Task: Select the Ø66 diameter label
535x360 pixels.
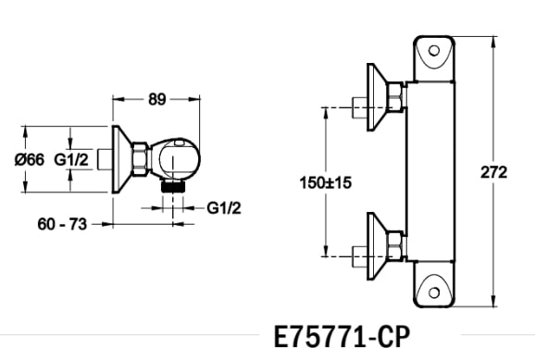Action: coord(29,159)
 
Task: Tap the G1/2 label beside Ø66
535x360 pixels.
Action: coord(71,159)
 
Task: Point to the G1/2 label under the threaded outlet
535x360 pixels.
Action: coord(223,207)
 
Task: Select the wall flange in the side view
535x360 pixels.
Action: coord(118,158)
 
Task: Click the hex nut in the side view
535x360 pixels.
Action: coord(140,158)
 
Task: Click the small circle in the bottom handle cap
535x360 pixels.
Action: coord(435,295)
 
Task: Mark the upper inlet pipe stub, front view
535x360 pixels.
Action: coord(359,105)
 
